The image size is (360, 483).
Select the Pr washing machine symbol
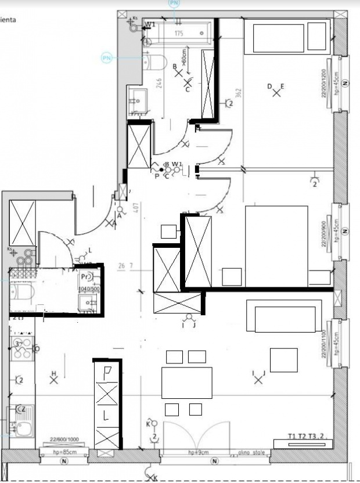86,277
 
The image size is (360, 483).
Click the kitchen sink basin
23,428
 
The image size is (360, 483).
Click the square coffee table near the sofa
283,360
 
